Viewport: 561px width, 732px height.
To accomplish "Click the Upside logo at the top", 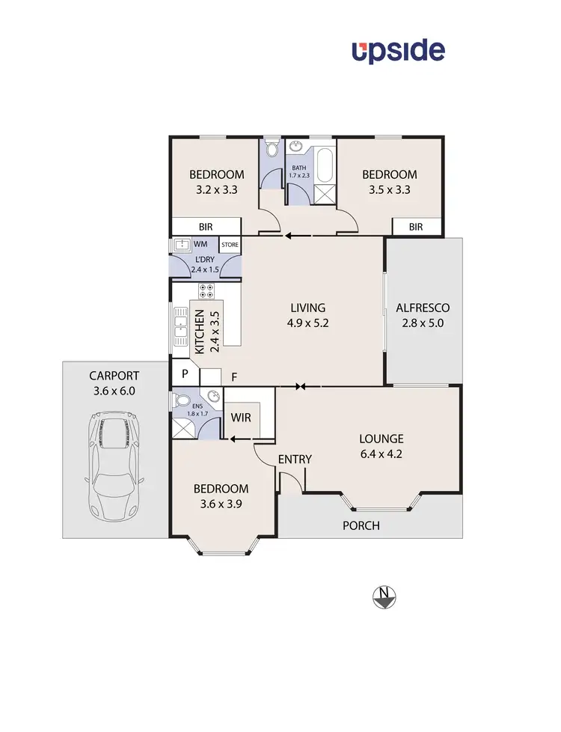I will pyautogui.click(x=399, y=51).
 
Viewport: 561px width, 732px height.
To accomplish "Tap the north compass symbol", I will pyautogui.click(x=384, y=597).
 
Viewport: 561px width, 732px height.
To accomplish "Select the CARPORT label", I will pyautogui.click(x=114, y=376).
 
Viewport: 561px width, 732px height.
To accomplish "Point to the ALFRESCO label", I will pyautogui.click(x=423, y=308).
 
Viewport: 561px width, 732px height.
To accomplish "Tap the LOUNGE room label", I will pyautogui.click(x=381, y=439).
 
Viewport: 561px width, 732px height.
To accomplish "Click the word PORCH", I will pyautogui.click(x=361, y=525).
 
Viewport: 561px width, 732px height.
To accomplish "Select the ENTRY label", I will pyautogui.click(x=295, y=459).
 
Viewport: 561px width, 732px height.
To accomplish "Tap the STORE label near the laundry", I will pyautogui.click(x=229, y=245).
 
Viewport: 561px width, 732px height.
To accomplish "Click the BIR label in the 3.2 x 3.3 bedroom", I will pyautogui.click(x=206, y=226).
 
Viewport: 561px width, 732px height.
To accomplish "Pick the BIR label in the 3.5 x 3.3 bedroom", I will pyautogui.click(x=416, y=227).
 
